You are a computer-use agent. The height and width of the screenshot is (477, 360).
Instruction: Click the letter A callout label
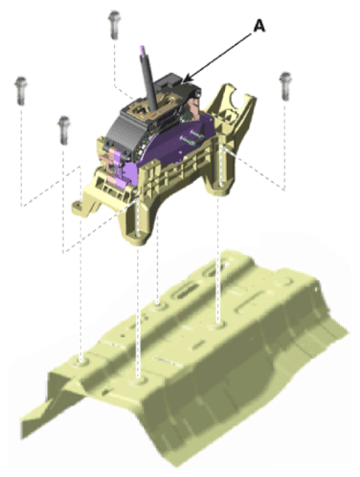pos(259,25)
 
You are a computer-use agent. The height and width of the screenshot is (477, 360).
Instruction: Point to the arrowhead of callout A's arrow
pos(188,79)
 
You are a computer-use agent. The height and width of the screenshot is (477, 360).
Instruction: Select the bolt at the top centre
pos(114,25)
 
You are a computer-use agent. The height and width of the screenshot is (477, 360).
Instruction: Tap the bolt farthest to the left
pos(21,91)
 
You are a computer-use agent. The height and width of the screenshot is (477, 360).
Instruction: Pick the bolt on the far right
pos(285,86)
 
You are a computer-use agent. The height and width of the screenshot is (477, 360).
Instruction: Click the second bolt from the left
pos(64,130)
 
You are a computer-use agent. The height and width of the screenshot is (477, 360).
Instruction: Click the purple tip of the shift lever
pos(142,50)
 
